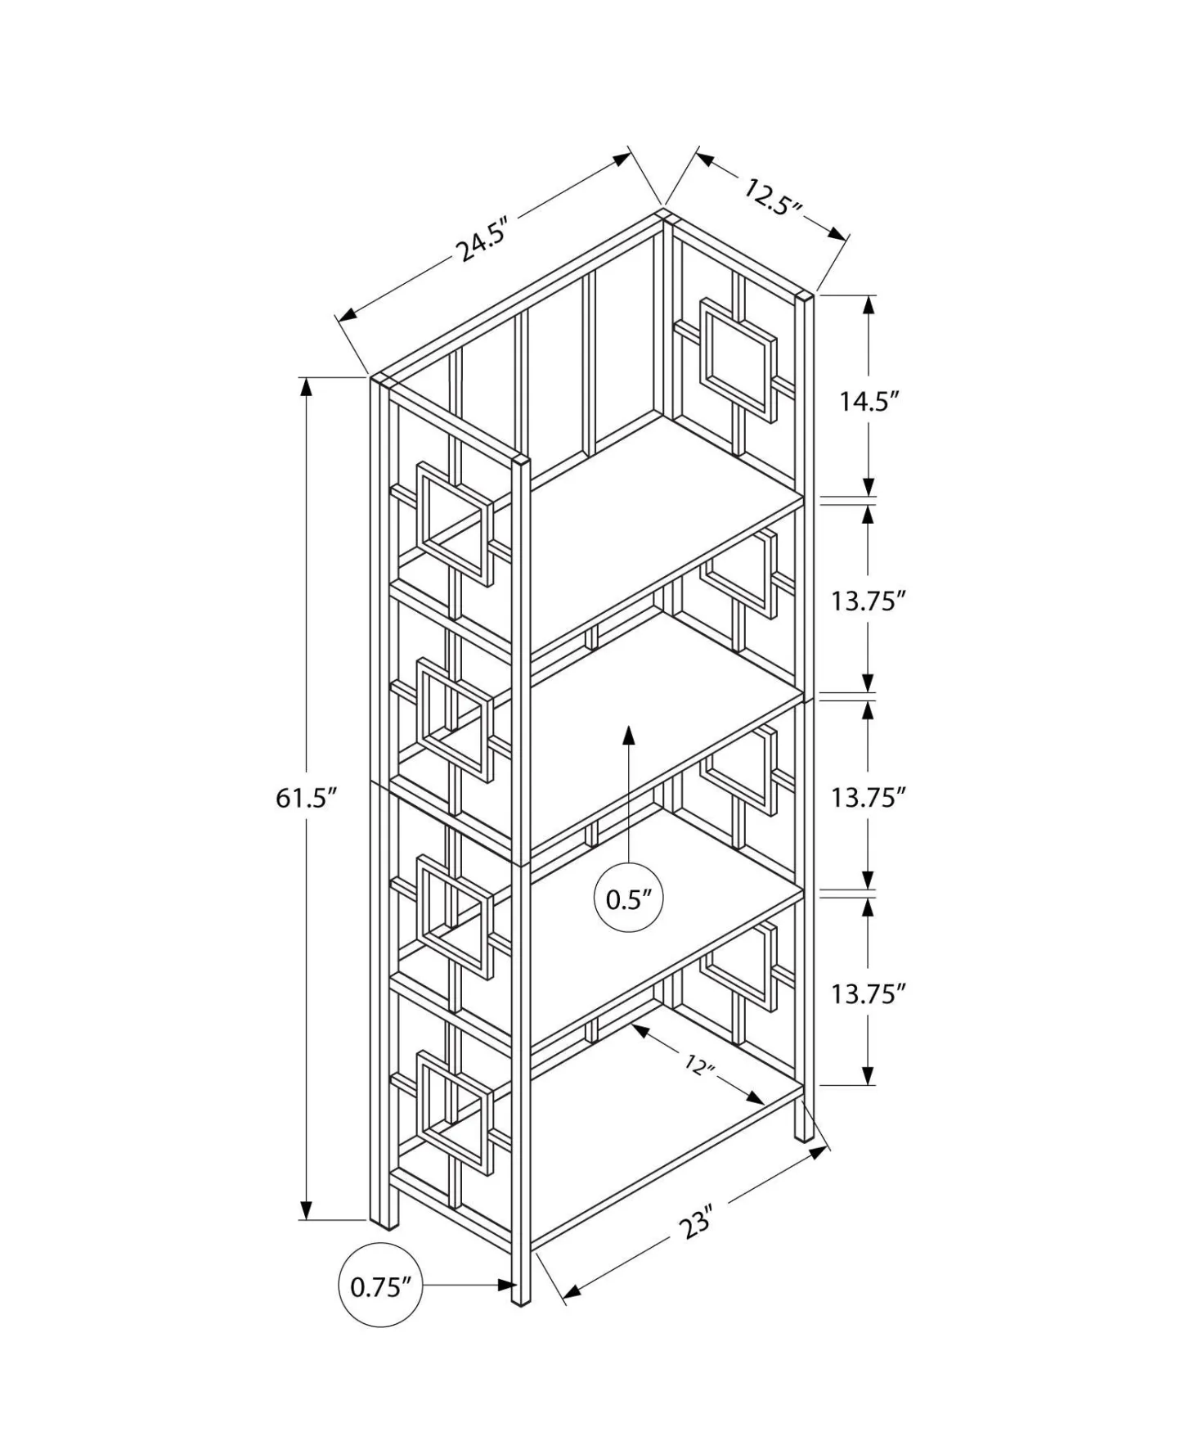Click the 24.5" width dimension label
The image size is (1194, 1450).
point(485,239)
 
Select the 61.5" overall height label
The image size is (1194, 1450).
point(307,798)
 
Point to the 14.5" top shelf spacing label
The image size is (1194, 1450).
point(869,402)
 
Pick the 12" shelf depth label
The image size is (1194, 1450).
point(700,1067)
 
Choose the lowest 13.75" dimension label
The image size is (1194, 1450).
point(869,995)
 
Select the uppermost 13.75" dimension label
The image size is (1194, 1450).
point(869,601)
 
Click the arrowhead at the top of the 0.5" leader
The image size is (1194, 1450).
point(628,734)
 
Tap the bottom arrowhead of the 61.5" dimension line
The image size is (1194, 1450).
point(307,1209)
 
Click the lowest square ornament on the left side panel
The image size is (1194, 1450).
point(455,1113)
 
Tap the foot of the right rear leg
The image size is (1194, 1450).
point(805,1131)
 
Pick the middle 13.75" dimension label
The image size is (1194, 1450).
point(869,798)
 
